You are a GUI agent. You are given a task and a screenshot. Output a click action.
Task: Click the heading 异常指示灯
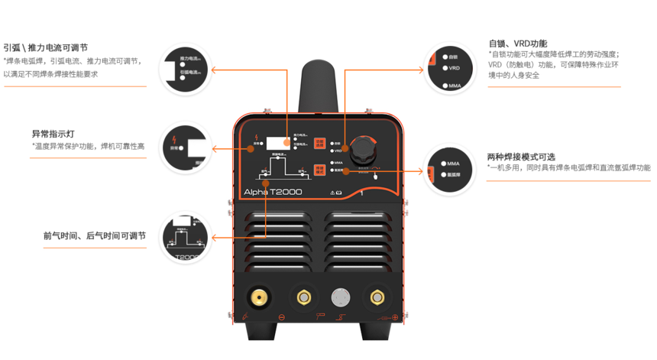(x=53, y=134)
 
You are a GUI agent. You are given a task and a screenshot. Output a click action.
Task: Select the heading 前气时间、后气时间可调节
(x=94, y=235)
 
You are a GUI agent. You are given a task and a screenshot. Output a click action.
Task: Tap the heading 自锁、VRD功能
(x=518, y=44)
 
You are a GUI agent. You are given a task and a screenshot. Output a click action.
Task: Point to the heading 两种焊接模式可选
(x=521, y=157)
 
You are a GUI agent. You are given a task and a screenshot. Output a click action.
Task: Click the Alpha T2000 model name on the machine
(x=272, y=192)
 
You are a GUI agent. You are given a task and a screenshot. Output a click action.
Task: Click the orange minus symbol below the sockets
(x=281, y=317)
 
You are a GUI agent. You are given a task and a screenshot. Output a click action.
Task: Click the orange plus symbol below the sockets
(x=395, y=317)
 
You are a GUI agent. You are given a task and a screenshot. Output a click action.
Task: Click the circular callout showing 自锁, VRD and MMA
(x=448, y=70)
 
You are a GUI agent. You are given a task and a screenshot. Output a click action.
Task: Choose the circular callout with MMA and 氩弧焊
(x=448, y=169)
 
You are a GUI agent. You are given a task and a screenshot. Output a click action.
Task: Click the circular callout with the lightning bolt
(x=185, y=147)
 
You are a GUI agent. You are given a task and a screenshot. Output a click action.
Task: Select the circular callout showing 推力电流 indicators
(x=185, y=69)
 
